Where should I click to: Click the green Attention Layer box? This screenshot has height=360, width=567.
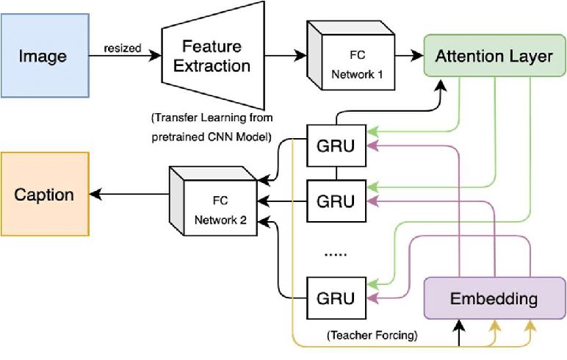494,56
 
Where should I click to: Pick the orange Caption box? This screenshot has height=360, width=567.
45,194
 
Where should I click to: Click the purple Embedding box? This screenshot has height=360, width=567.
493,299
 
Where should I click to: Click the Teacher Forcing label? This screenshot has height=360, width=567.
372,336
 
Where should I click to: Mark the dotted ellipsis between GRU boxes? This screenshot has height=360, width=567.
335,253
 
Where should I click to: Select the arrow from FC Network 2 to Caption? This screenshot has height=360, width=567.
129,194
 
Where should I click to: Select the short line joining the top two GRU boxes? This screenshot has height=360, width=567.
336,172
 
